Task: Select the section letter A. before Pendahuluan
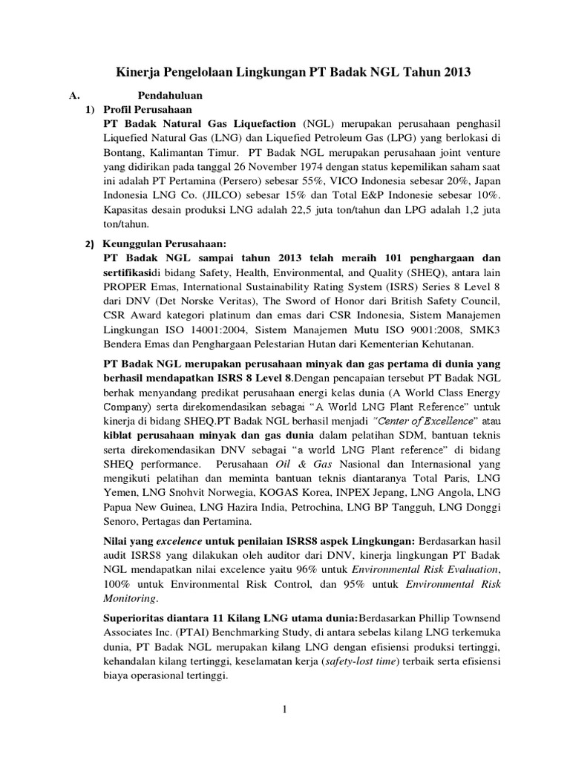tap(73, 96)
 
